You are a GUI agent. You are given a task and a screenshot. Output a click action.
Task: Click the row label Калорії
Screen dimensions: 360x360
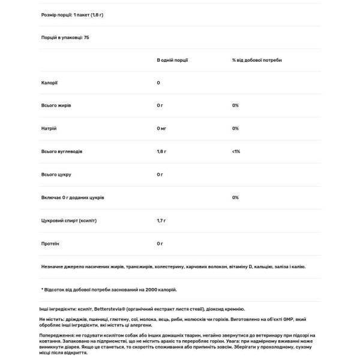[49, 83]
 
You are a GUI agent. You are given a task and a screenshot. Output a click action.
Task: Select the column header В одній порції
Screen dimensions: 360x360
[171, 60]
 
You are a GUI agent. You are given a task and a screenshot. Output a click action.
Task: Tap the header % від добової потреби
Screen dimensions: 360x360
[257, 60]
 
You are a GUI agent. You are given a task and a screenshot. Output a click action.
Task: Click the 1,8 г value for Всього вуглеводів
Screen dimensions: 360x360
[161, 152]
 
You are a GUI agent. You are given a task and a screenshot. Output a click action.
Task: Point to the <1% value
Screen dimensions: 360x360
[236, 152]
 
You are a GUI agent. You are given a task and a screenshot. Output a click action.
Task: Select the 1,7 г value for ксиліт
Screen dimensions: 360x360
[161, 221]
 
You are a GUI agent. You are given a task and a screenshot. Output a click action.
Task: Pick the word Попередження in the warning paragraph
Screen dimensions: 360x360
[56, 335]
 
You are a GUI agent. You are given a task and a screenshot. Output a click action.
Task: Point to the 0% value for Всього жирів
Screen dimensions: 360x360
[235, 106]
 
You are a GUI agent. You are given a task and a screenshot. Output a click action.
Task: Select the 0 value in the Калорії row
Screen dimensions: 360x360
[158, 83]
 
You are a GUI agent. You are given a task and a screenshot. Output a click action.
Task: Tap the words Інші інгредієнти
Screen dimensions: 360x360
[55, 309]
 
